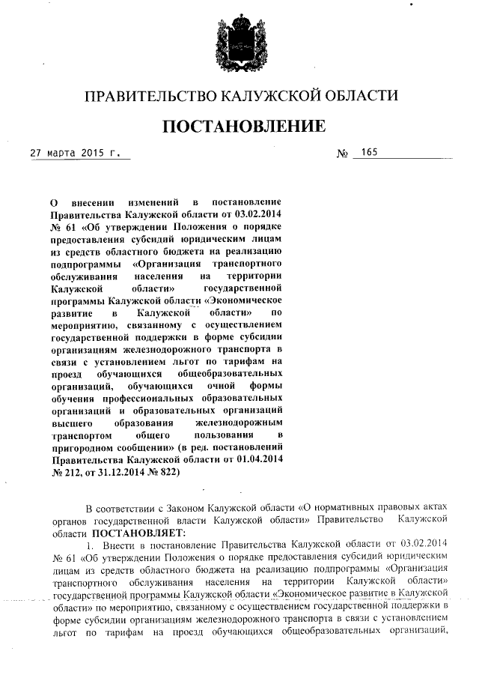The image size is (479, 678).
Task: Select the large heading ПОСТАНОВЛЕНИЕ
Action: point(244,125)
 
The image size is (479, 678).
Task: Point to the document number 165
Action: point(368,153)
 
